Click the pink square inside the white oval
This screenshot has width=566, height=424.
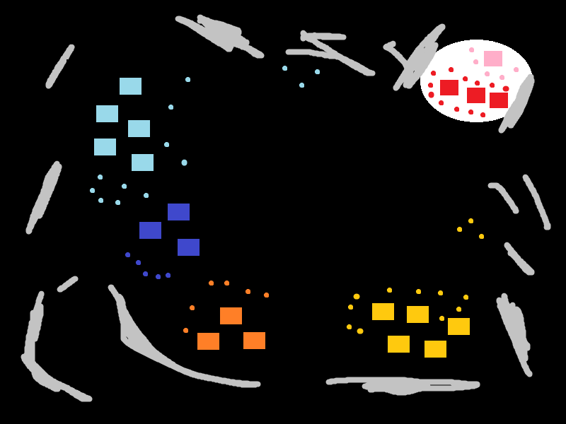pyautogui.click(x=493, y=59)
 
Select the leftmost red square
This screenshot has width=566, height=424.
pyautogui.click(x=449, y=88)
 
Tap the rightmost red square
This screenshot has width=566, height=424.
pyautogui.click(x=499, y=100)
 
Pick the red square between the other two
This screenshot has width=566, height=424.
pyautogui.click(x=476, y=95)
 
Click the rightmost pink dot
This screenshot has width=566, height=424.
pyautogui.click(x=516, y=69)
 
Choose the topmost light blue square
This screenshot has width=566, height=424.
pyautogui.click(x=130, y=86)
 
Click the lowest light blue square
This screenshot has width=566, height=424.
pyautogui.click(x=142, y=163)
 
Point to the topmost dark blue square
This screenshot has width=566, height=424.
pyautogui.click(x=178, y=212)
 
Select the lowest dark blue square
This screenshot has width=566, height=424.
pyautogui.click(x=188, y=247)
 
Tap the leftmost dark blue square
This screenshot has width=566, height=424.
pyautogui.click(x=150, y=230)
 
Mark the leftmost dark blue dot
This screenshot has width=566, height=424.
pyautogui.click(x=127, y=254)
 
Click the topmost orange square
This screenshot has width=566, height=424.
pyautogui.click(x=231, y=316)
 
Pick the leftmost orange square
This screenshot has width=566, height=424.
pyautogui.click(x=208, y=341)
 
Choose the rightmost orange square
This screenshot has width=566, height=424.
pyautogui.click(x=254, y=341)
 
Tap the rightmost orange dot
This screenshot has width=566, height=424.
pyautogui.click(x=266, y=295)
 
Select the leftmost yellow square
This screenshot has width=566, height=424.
pyautogui.click(x=383, y=312)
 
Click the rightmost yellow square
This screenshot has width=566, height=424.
pyautogui.click(x=458, y=326)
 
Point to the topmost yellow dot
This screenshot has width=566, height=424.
pyautogui.click(x=470, y=220)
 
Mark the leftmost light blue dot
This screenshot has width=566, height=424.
pyautogui.click(x=92, y=190)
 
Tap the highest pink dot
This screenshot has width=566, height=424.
pyautogui.click(x=471, y=49)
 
